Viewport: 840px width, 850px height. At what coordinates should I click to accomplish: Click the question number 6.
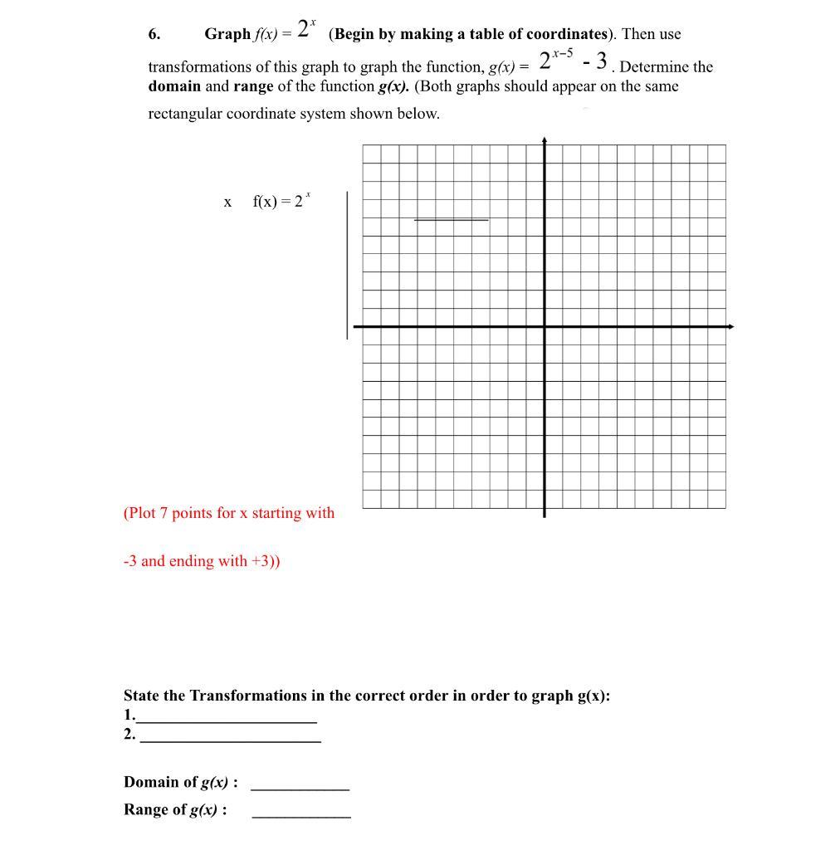coord(154,34)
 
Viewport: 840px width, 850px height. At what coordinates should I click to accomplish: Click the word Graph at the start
coord(227,34)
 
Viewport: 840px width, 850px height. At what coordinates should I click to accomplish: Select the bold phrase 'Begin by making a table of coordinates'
coord(468,34)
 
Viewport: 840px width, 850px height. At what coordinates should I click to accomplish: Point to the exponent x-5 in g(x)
coord(562,53)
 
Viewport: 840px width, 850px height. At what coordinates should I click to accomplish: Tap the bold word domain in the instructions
coord(174,86)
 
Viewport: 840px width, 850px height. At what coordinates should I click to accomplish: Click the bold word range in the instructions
coord(253,86)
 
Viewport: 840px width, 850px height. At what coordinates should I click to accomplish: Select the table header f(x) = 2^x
coord(281,201)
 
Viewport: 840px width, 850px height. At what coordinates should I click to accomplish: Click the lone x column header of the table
coord(227,202)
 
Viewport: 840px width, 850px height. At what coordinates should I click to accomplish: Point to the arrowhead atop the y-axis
coord(545,140)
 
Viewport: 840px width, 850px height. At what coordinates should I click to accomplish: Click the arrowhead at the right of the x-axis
coord(730,327)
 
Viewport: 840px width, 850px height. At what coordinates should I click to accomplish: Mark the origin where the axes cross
coord(545,327)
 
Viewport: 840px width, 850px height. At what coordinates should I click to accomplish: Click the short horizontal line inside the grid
coord(451,220)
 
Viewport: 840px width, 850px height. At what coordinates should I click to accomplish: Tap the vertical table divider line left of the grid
coord(347,266)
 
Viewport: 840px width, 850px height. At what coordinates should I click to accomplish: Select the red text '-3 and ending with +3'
coord(201,561)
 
